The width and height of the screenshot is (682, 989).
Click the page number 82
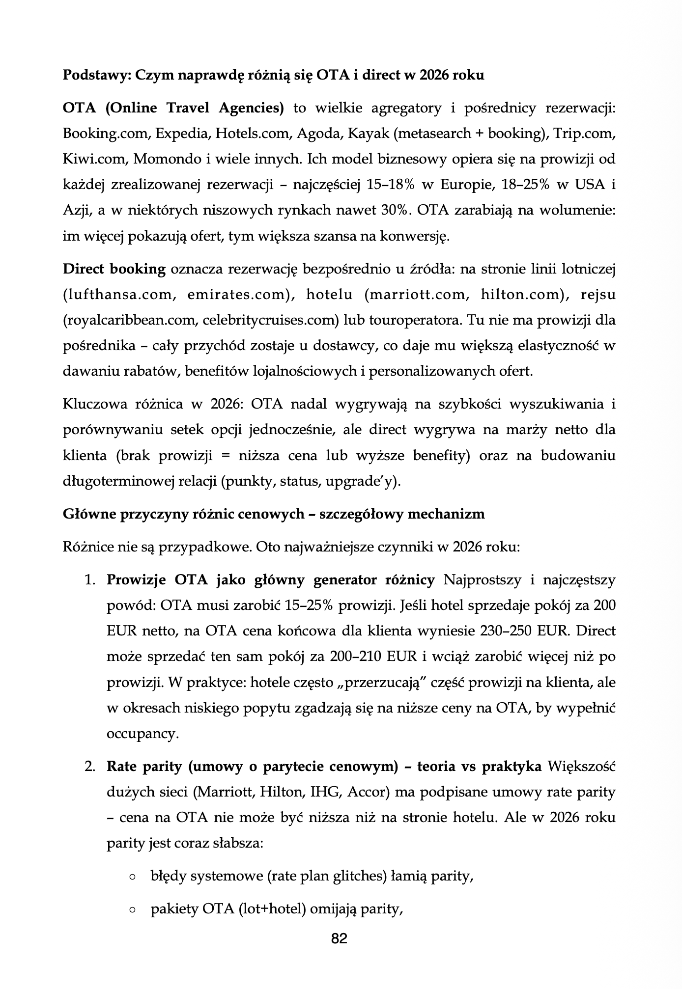(340, 938)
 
